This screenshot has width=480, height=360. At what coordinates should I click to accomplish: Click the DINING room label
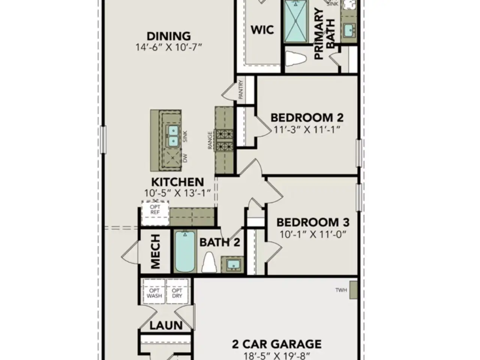168,36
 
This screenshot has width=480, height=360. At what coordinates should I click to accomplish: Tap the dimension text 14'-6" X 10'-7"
168,47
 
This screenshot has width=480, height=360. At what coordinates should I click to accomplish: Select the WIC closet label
262,30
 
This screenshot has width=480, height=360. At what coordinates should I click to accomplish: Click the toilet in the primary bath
295,59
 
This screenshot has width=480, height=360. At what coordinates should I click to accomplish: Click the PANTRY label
241,90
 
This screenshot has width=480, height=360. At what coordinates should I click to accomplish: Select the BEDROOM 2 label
307,117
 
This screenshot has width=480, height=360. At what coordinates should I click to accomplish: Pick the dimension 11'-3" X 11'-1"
307,130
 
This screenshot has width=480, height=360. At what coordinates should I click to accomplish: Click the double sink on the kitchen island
173,136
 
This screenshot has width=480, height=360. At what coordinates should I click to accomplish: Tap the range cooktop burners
223,140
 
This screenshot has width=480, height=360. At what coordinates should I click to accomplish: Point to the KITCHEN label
177,182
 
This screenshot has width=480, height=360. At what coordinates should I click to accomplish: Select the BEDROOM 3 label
313,222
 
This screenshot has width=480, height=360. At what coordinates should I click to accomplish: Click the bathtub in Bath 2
185,252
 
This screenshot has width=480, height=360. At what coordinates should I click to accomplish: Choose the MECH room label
155,252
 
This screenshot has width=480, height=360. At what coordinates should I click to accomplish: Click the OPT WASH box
154,293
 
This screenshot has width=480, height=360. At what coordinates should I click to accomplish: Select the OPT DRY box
177,293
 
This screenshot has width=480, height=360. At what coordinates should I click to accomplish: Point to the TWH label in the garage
341,290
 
